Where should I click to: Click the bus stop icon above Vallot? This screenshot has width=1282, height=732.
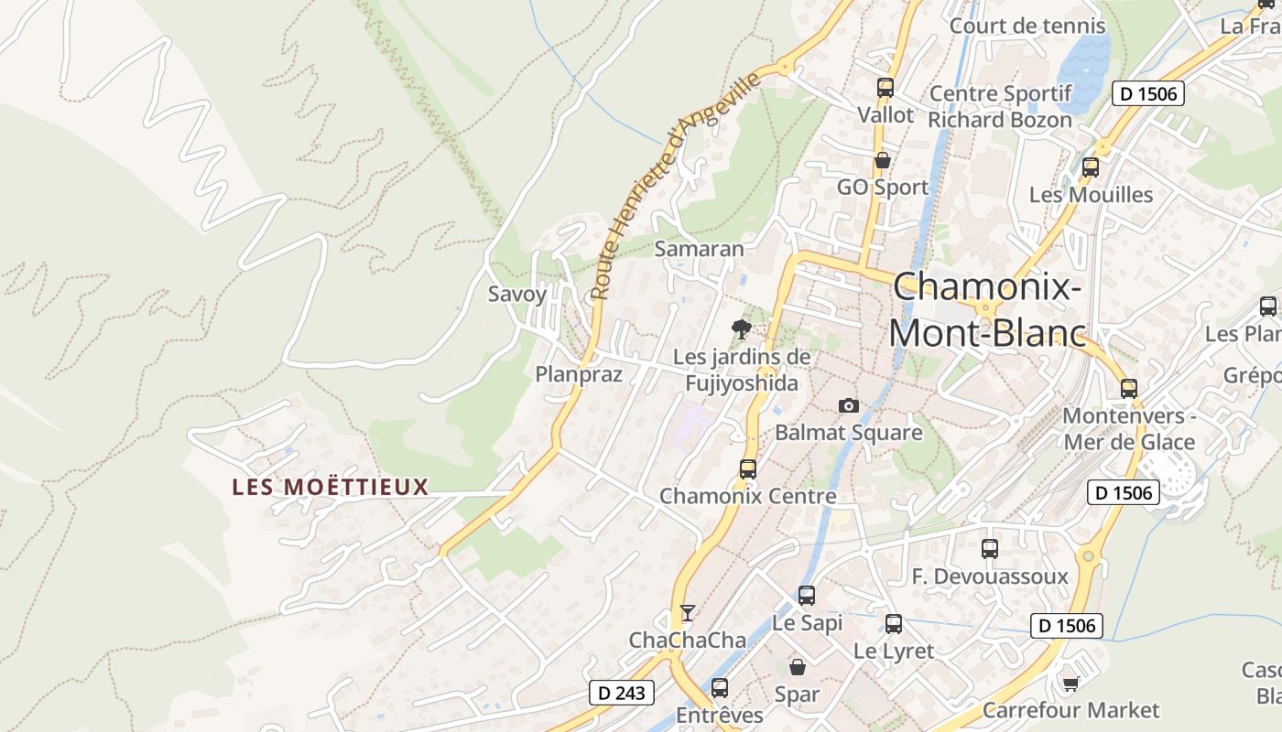pos(885,88)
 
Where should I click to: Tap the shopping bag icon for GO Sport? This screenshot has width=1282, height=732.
pos(882,160)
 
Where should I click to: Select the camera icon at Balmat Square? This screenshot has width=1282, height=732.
pos(849,405)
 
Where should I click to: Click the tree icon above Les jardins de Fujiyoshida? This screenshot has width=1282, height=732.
pos(741,329)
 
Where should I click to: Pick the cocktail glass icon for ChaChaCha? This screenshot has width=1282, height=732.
pos(688,612)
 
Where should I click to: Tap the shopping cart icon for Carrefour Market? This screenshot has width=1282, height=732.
pos(1070,684)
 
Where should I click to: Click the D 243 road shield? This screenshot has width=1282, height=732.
pos(621,693)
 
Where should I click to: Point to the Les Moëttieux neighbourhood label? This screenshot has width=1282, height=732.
pos(330,487)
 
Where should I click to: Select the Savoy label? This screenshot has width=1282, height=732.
pos(516,294)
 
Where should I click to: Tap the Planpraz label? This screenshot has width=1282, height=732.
pos(579,374)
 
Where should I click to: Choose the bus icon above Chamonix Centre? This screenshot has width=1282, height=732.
pos(747,469)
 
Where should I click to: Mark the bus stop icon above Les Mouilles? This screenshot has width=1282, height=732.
pos(1090,167)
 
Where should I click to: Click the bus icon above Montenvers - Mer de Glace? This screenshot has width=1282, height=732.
pos(1129,388)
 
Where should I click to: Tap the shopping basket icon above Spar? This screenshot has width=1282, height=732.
pos(798,667)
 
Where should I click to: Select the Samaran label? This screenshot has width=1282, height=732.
pos(699,249)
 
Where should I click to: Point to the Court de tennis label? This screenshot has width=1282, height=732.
pos(1027,26)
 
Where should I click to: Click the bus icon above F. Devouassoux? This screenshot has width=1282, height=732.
pos(990,549)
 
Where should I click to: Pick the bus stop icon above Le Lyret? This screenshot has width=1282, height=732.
pos(894,624)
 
